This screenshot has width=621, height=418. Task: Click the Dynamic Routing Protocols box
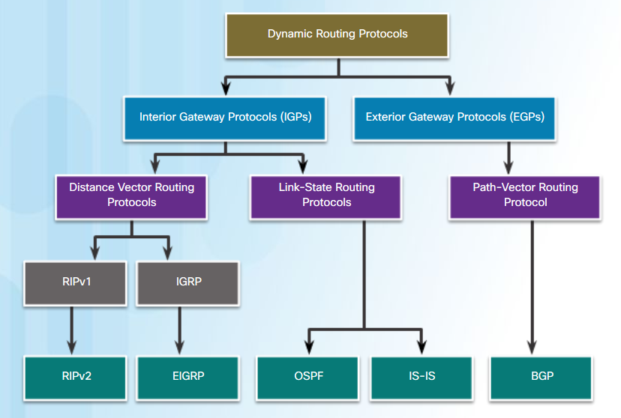(337, 36)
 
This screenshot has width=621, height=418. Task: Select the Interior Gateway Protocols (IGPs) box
(225, 118)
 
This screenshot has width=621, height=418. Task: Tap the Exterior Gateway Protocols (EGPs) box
(454, 118)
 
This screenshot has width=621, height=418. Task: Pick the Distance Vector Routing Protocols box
(131, 197)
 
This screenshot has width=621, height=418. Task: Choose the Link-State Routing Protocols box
(326, 197)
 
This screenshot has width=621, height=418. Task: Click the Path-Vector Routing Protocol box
(525, 197)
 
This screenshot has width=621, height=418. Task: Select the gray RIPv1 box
(76, 283)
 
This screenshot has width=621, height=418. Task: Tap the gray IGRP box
(187, 283)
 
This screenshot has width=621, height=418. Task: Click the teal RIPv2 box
(76, 378)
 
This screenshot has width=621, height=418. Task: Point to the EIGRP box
(187, 378)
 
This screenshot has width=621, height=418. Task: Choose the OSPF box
(307, 378)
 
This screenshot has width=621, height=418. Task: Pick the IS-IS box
(421, 378)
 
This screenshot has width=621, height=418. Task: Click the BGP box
(541, 378)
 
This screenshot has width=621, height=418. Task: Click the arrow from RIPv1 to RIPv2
(72, 330)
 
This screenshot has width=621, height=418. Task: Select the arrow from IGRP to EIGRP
(180, 330)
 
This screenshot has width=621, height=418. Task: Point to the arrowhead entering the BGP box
(532, 348)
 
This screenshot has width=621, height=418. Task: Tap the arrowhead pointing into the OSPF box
(310, 348)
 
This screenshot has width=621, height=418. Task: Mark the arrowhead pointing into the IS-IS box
(421, 348)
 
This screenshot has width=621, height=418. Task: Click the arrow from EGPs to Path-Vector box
(509, 158)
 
